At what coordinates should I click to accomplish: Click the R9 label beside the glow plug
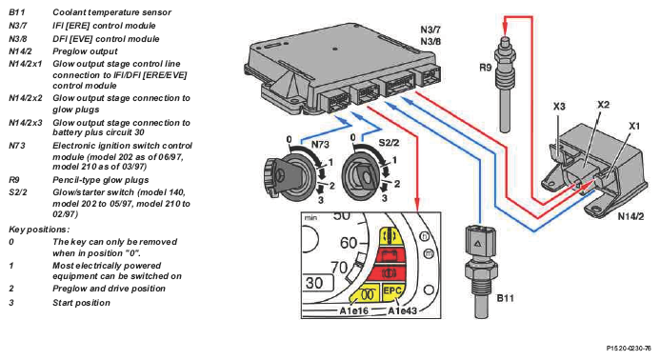coord(486,68)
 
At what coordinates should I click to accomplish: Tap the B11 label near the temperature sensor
coord(505,298)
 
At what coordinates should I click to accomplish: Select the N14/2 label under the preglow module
coord(630,216)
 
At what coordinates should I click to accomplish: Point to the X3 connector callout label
coord(559,106)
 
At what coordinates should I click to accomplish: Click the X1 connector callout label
coord(634,126)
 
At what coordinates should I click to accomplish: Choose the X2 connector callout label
coord(603,104)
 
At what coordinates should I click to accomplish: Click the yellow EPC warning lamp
coord(391,291)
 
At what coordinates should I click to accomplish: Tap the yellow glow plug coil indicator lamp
coord(366,294)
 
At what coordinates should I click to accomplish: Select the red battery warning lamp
coord(390,255)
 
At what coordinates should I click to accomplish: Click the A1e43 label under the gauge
coord(402,311)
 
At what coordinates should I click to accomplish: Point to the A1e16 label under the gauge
coord(354,311)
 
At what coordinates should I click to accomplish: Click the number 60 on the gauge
coord(349,243)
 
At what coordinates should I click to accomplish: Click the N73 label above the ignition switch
coord(320,145)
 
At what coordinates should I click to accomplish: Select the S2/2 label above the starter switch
coord(389,143)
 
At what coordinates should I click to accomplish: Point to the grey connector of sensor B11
coord(480,243)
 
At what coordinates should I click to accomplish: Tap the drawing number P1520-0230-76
coord(629,349)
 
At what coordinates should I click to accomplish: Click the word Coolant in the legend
coord(70,12)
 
